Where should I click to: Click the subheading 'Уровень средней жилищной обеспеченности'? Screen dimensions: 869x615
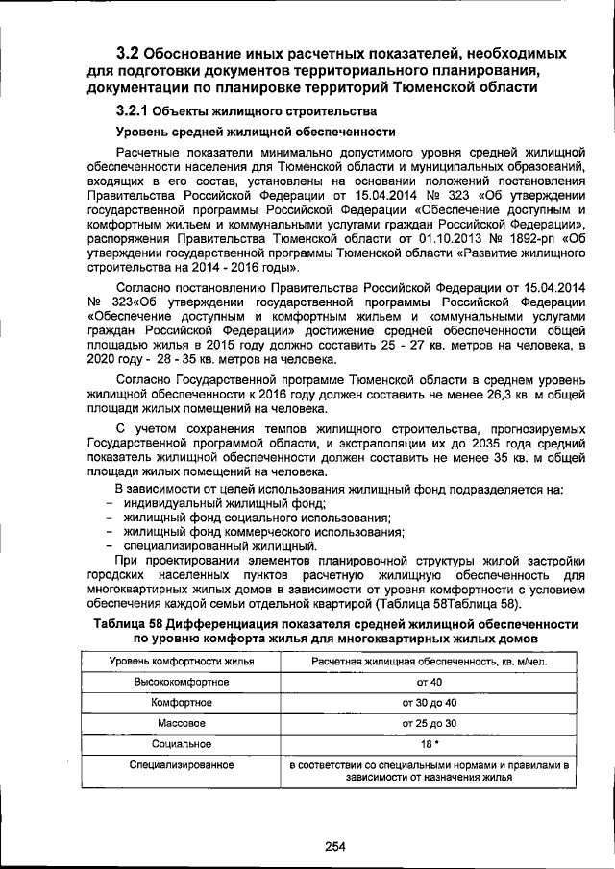[256, 132]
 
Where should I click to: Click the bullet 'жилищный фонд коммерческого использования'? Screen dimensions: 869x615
[262, 532]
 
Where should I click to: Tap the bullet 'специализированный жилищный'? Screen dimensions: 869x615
[219, 546]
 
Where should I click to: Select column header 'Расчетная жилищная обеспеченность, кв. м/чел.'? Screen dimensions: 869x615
[429, 662]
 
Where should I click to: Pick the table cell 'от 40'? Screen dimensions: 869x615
[429, 682]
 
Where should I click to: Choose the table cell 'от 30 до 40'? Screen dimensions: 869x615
[429, 702]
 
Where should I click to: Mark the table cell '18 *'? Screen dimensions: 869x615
[429, 743]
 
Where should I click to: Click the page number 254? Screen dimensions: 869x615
[334, 846]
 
